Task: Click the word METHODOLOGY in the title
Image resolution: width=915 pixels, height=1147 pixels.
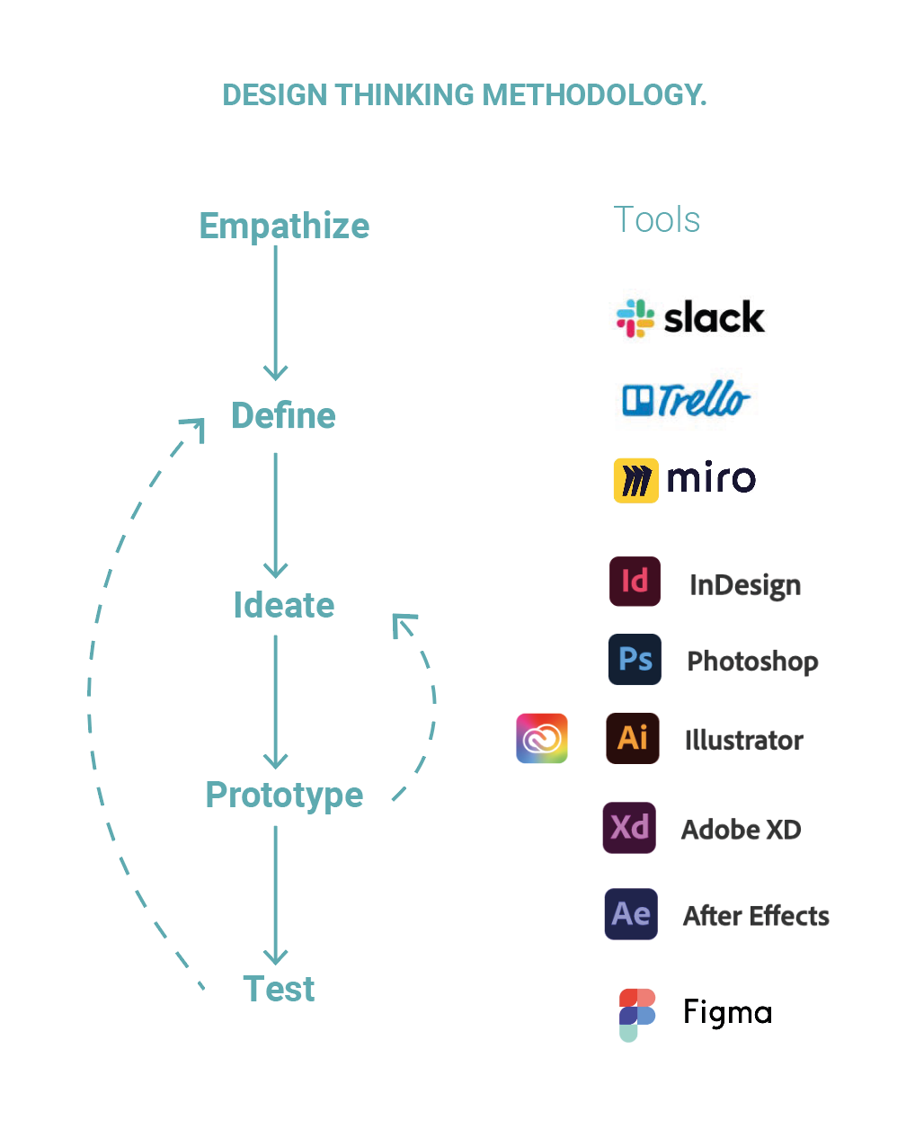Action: [594, 95]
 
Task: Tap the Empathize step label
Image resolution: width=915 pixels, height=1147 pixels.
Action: [284, 226]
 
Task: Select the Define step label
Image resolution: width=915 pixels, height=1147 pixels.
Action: [283, 415]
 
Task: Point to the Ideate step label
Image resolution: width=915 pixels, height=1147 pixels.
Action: [283, 605]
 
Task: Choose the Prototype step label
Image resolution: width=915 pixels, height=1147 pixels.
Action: [284, 795]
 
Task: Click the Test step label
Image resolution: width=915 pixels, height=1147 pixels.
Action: [279, 989]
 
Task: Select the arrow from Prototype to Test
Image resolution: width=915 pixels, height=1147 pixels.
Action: [275, 894]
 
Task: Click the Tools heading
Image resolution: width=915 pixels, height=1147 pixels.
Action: [656, 219]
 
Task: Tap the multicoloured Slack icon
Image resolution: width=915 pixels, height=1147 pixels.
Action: [635, 318]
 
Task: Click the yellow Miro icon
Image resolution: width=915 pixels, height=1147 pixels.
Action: [635, 480]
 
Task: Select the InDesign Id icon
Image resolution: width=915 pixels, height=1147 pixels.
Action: [635, 581]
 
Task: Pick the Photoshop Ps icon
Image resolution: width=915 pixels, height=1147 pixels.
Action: [635, 659]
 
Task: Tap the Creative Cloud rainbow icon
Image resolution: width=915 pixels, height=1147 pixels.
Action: [542, 738]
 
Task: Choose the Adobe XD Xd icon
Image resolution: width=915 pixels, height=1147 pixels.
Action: [629, 827]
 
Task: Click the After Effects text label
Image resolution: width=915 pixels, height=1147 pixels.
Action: [756, 915]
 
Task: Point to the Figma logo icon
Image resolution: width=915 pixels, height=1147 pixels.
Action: [636, 1014]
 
